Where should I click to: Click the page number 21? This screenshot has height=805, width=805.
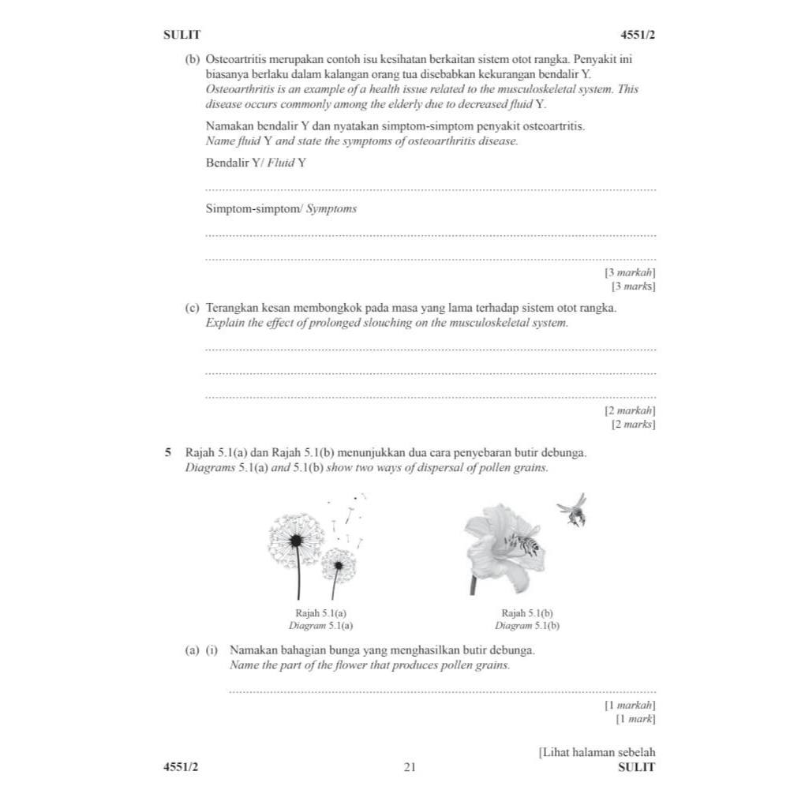coord(409,767)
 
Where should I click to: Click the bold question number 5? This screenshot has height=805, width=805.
coord(167,453)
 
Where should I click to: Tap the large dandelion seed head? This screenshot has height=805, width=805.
coord(296,539)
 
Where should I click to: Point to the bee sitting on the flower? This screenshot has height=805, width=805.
coord(524,542)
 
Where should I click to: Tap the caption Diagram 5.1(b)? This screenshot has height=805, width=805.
coord(527,625)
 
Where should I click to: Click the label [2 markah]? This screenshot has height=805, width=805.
coord(630,410)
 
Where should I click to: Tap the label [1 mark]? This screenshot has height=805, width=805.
coord(635,719)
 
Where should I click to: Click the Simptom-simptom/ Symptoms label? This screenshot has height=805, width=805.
coord(281,209)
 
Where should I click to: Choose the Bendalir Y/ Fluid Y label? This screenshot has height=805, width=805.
coord(256,163)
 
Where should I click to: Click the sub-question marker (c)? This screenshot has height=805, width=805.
coord(192,308)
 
